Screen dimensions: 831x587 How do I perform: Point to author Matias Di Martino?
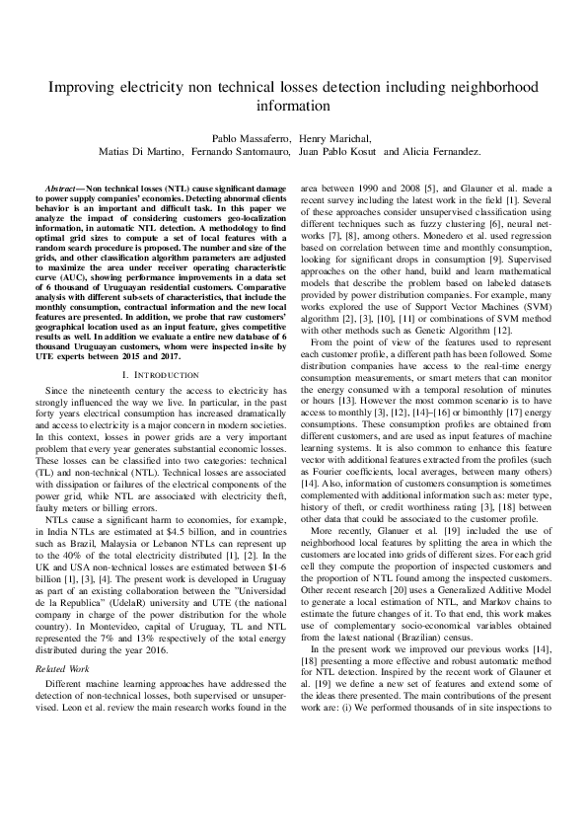135,152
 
